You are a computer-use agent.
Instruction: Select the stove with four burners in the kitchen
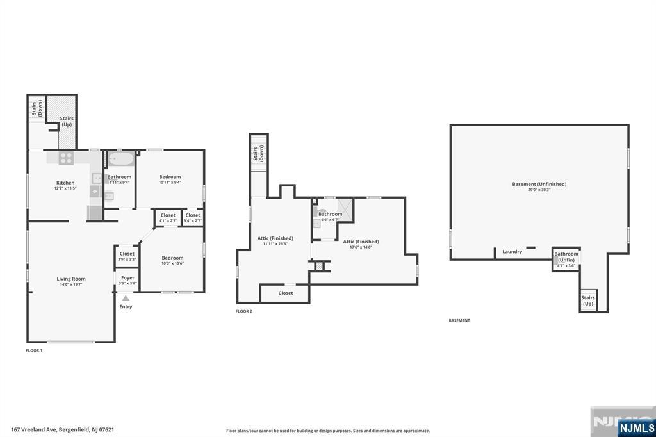(67, 158)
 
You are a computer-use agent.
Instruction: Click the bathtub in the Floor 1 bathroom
(120, 159)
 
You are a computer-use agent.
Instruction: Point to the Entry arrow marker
(126, 299)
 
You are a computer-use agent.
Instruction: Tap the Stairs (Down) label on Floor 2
(258, 154)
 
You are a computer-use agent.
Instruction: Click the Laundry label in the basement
(512, 252)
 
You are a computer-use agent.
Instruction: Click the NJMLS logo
(636, 428)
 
